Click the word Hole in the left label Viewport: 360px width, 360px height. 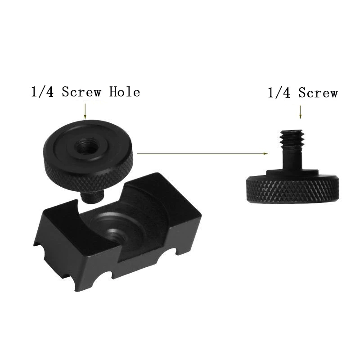[125, 92]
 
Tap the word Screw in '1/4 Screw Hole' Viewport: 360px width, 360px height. [81, 92]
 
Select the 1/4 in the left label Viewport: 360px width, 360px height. [42, 92]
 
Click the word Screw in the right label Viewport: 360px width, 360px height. [318, 93]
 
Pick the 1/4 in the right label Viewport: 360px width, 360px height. [279, 93]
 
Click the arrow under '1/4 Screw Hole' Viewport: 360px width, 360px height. [85, 111]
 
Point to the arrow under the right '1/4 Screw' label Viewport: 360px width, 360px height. [300, 112]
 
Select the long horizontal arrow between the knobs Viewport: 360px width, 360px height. [202, 153]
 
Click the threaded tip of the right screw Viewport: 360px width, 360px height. [292, 139]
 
